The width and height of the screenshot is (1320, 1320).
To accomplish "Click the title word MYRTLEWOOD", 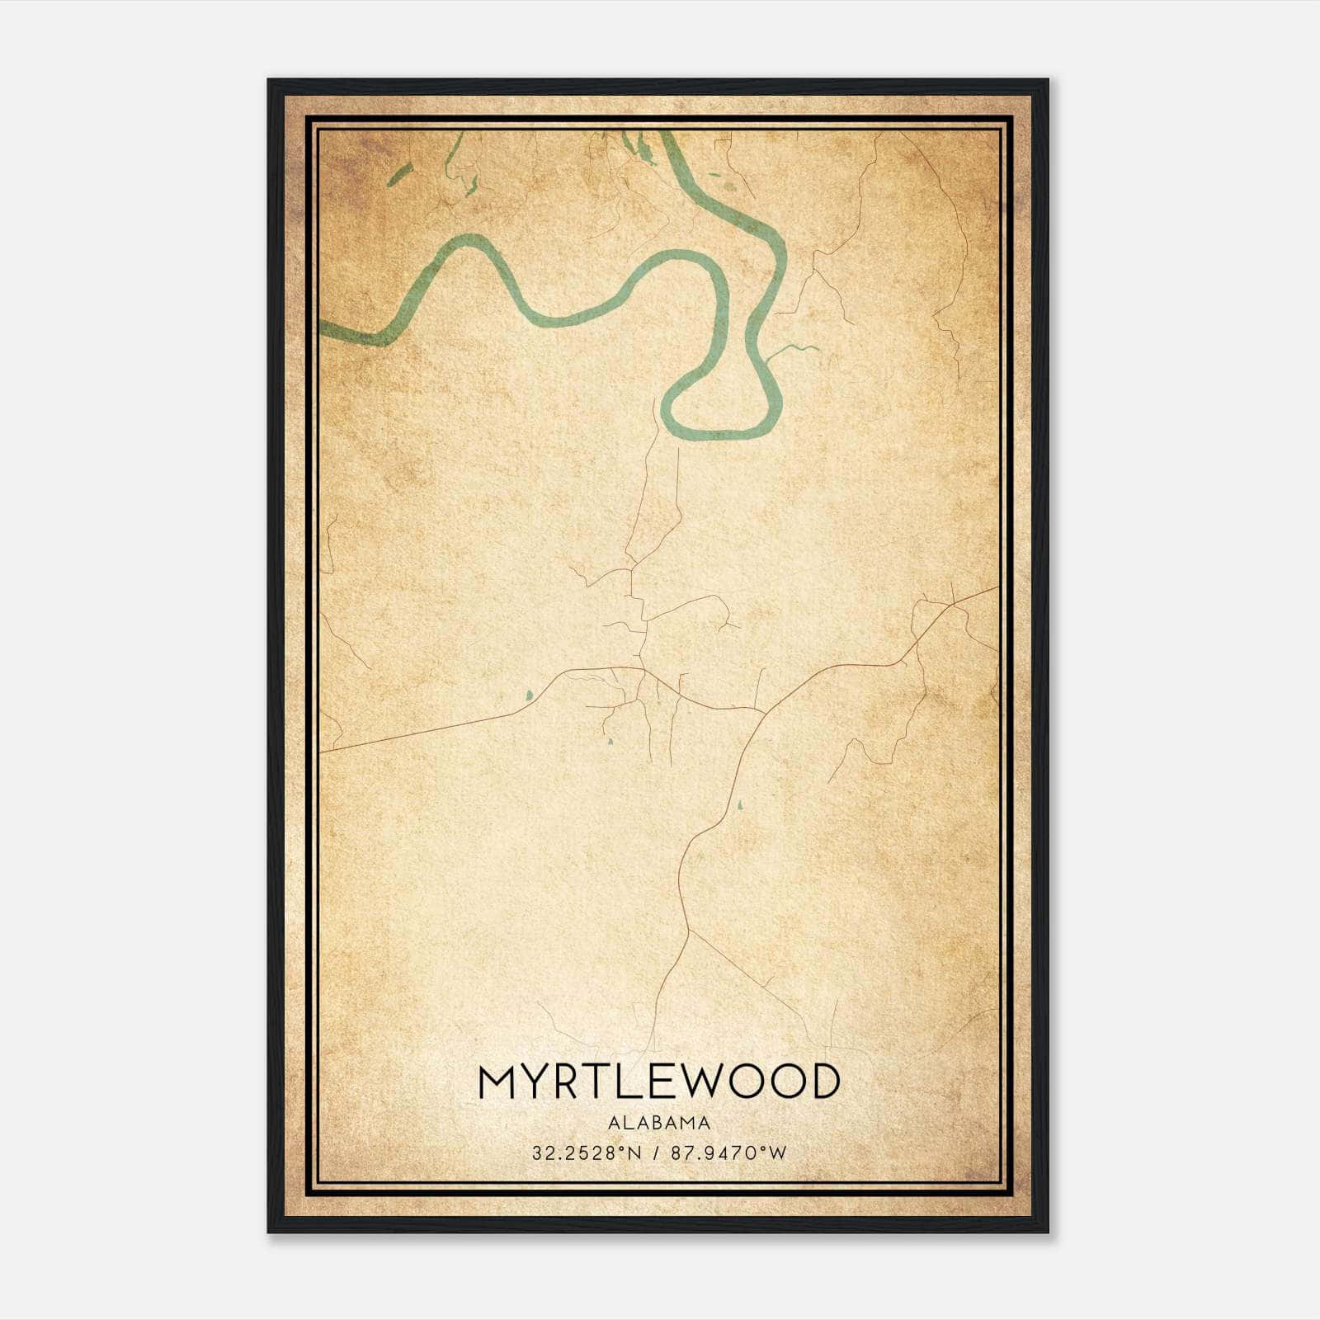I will (x=658, y=1082).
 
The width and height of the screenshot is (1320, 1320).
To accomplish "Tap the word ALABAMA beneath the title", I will (x=658, y=1122).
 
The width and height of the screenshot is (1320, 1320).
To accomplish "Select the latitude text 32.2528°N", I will (x=586, y=1153).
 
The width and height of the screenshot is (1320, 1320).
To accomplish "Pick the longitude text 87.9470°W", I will (x=729, y=1153).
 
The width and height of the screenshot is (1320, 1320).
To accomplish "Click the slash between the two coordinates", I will (x=657, y=1153).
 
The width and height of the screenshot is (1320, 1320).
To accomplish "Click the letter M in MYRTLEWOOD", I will (x=497, y=1082).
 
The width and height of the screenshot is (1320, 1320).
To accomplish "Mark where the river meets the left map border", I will (x=322, y=329).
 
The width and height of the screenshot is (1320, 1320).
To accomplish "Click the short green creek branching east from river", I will (x=792, y=350).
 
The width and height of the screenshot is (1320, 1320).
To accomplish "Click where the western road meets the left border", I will (x=322, y=752).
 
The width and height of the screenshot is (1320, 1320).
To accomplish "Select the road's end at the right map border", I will (x=997, y=587).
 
